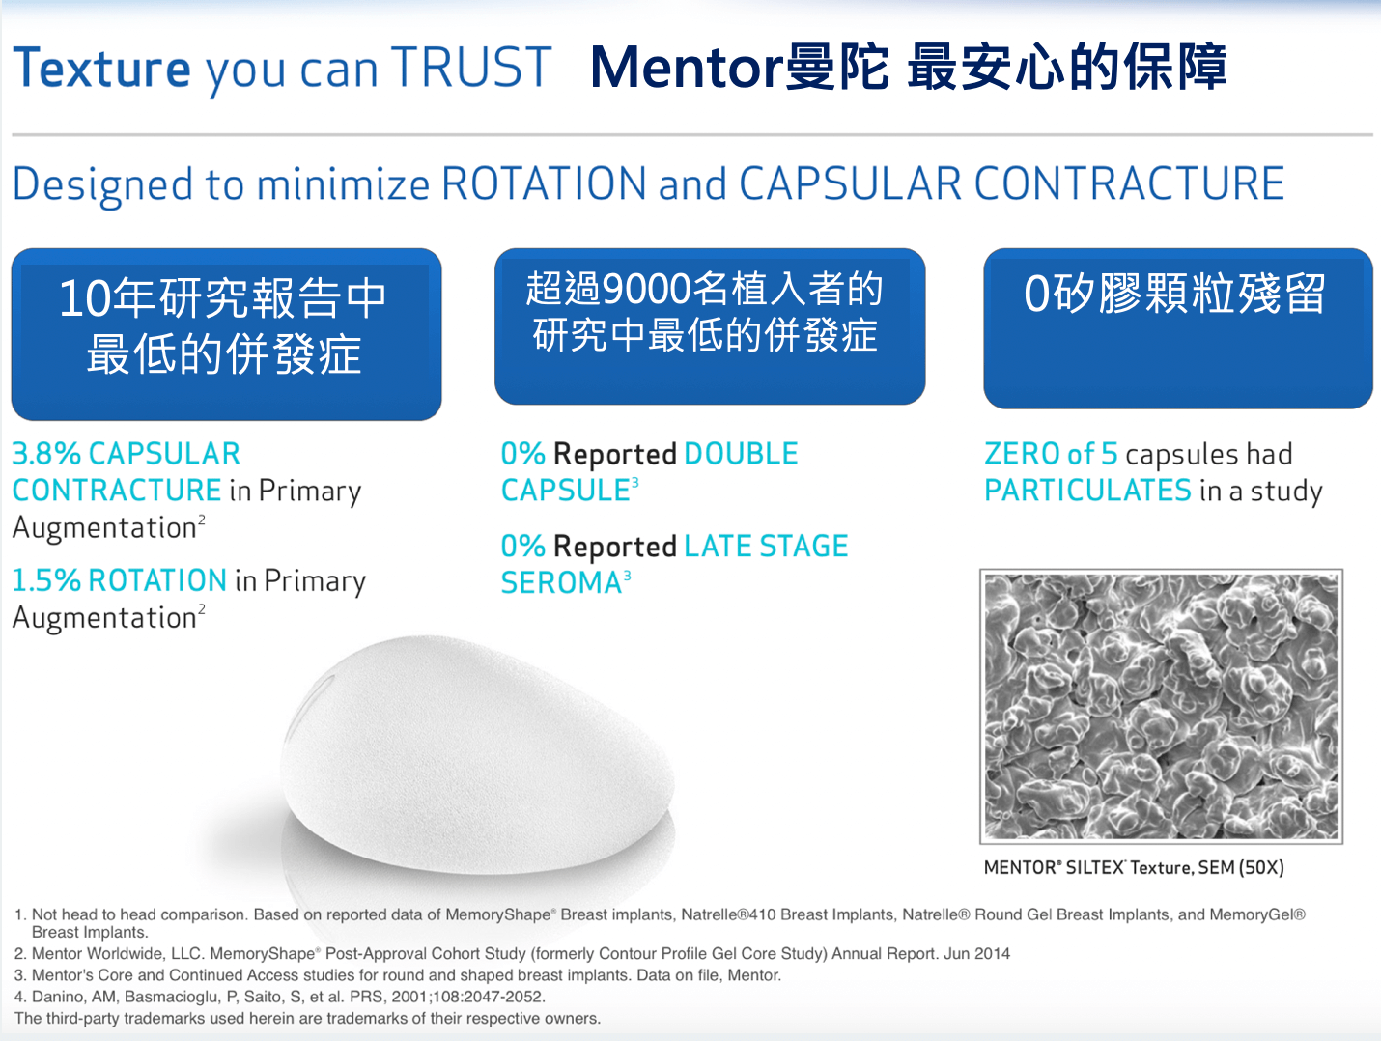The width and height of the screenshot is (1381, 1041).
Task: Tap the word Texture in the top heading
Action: [101, 68]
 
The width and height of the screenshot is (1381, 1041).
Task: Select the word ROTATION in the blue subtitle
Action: [544, 183]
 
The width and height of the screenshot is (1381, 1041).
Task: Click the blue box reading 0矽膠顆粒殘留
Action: [1178, 328]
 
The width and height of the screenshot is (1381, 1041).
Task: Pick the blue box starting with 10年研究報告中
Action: [227, 334]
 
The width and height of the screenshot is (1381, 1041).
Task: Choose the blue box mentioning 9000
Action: [710, 326]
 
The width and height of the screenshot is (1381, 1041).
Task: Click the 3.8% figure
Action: [46, 454]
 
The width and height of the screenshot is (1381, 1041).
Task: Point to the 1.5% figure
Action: [46, 580]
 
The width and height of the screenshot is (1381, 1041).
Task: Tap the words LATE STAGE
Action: [767, 546]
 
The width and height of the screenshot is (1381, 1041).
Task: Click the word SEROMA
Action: [561, 582]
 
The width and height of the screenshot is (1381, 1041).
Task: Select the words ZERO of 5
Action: [1051, 454]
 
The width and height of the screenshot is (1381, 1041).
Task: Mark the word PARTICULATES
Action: [1087, 491]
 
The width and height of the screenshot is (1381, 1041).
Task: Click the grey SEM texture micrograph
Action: [1162, 706]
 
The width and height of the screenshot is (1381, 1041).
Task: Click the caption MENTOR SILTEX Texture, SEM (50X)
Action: [1134, 868]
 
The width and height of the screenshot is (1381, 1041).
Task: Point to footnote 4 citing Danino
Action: [280, 997]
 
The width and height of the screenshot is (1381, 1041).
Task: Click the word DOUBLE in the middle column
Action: [741, 454]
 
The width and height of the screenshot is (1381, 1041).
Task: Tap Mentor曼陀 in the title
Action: [740, 68]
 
